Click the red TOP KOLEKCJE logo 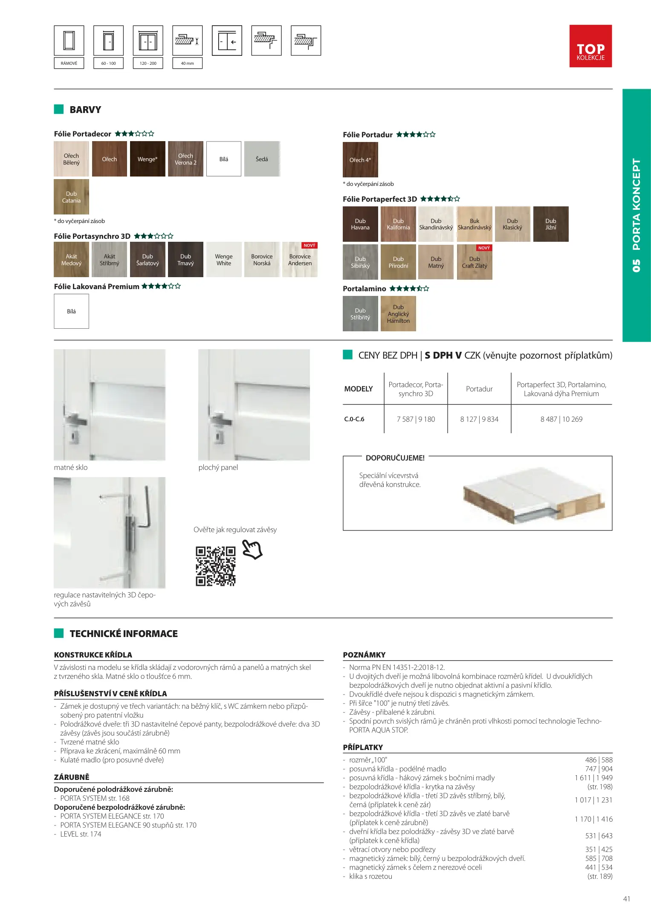tap(590, 46)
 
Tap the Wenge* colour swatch tap(148, 159)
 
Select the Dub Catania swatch tap(71, 197)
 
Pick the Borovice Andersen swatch tap(300, 260)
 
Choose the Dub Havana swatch tap(360, 224)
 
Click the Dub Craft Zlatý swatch tap(475, 262)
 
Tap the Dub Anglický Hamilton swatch tap(398, 314)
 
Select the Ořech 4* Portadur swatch tap(360, 160)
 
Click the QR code tap(215, 566)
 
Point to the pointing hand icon tap(252, 549)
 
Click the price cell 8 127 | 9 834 tap(479, 419)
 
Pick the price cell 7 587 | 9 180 tap(416, 419)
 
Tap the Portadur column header tap(479, 389)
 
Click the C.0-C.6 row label tap(354, 419)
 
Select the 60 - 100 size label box tap(108, 63)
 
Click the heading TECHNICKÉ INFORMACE tap(124, 634)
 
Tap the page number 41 tap(626, 899)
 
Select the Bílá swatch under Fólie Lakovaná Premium tap(71, 311)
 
